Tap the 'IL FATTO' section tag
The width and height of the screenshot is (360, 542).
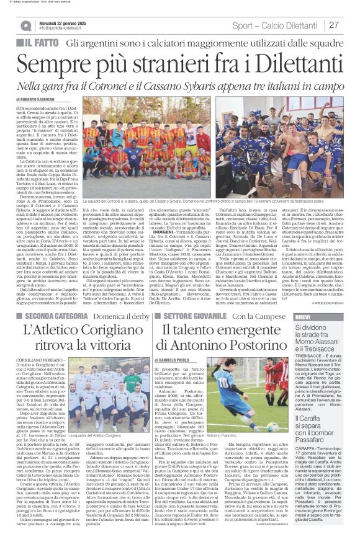(37, 43)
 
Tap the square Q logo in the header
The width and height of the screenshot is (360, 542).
(25, 25)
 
